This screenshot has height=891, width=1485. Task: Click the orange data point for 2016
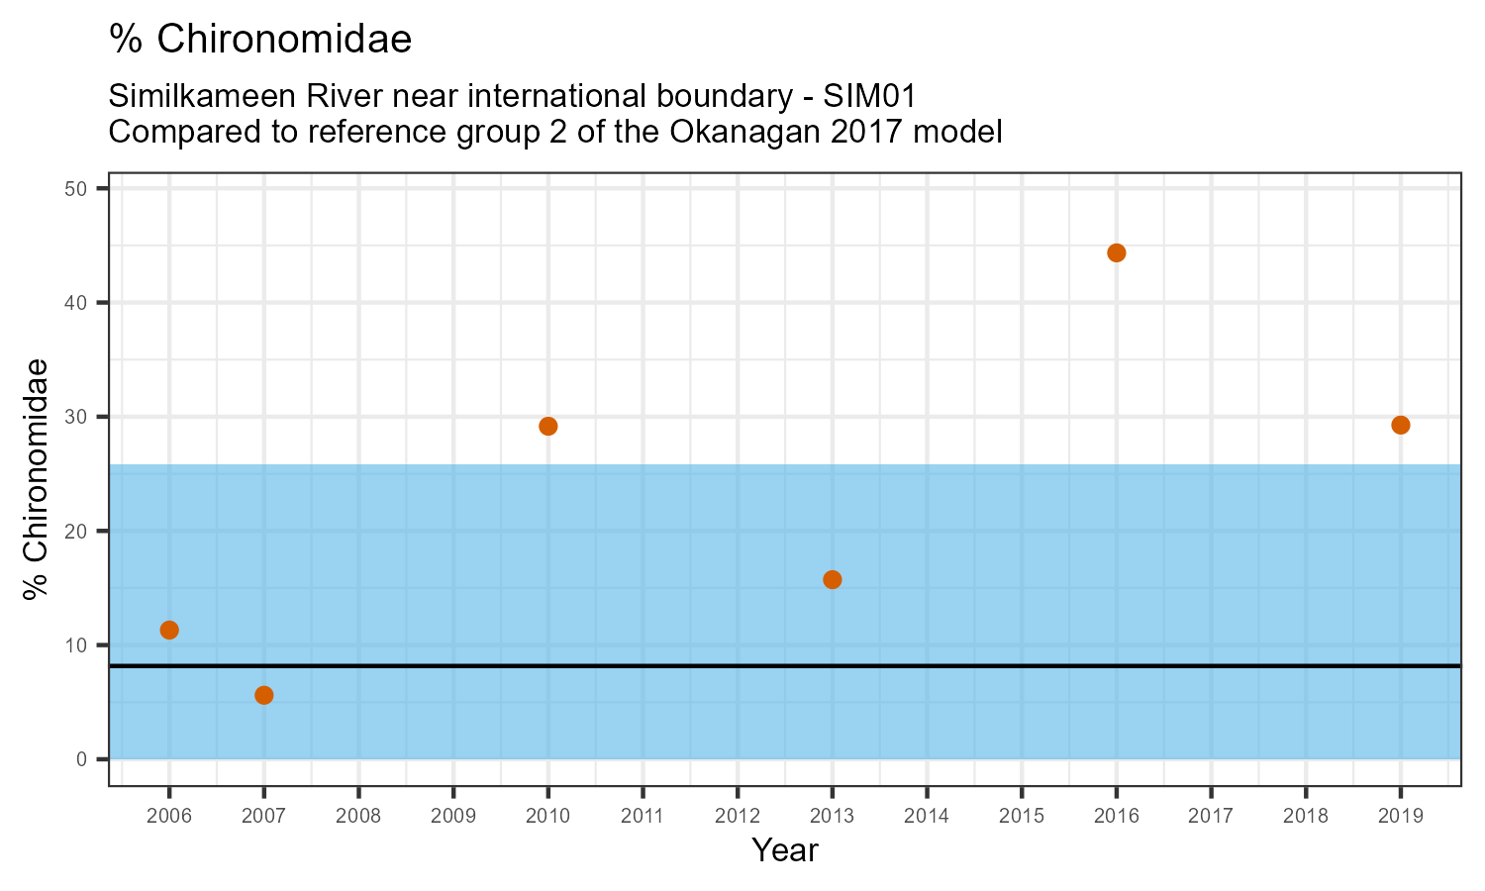click(x=1116, y=252)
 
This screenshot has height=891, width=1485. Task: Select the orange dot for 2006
click(x=169, y=630)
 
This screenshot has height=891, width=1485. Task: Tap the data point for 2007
click(x=264, y=695)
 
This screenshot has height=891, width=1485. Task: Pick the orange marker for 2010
click(x=547, y=426)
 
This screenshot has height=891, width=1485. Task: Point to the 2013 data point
click(x=833, y=579)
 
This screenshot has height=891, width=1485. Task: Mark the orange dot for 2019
click(x=1400, y=425)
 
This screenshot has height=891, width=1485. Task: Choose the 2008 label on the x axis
click(x=358, y=816)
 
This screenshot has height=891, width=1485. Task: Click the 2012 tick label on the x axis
click(x=738, y=816)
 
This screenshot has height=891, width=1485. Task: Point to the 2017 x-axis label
click(x=1211, y=816)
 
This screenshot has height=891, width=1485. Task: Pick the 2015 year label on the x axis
click(x=1022, y=816)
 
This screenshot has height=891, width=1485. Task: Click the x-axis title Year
click(x=784, y=850)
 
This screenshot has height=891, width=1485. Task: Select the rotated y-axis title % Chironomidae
click(x=37, y=478)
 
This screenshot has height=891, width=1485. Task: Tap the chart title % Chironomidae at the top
click(x=259, y=40)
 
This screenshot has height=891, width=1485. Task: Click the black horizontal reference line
click(x=693, y=666)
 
